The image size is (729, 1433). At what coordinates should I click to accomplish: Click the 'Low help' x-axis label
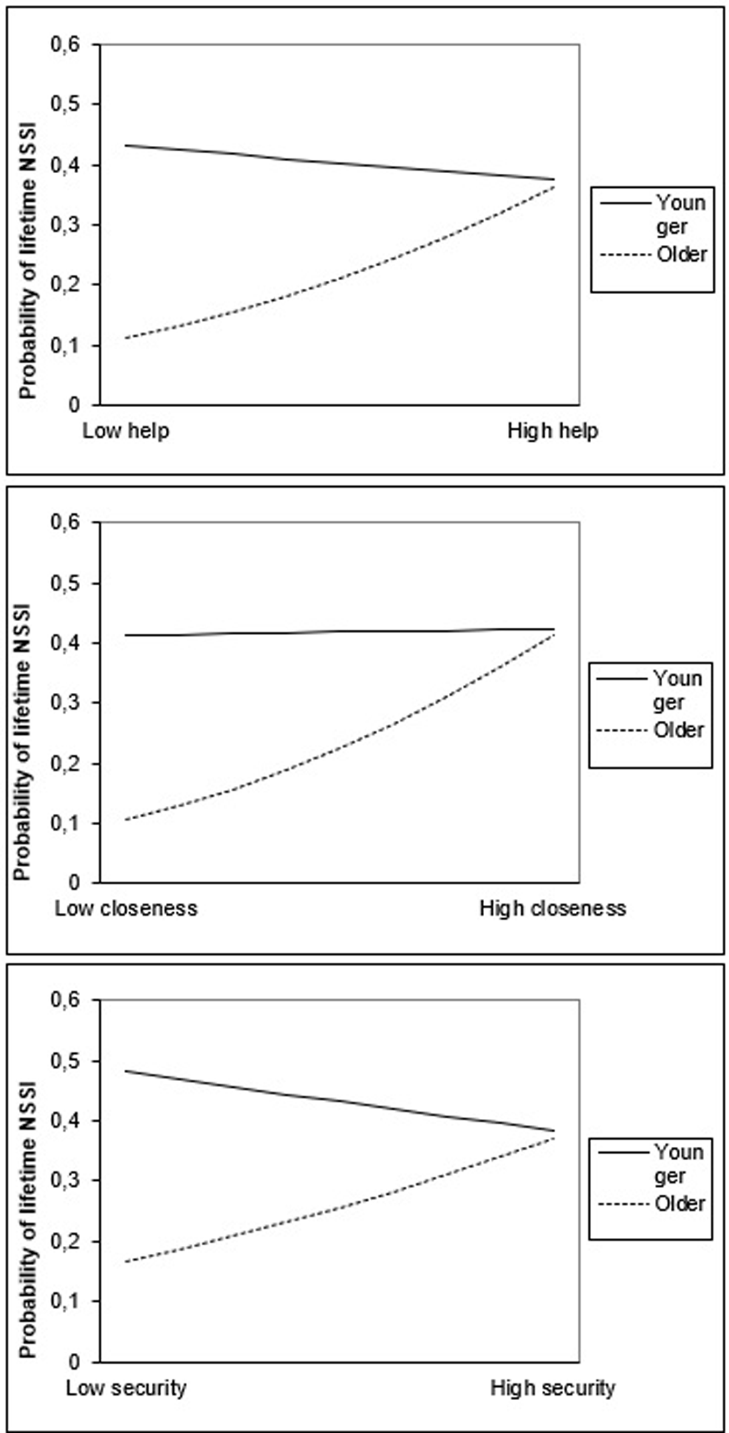coord(126,431)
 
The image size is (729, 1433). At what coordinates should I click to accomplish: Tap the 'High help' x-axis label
coord(553,431)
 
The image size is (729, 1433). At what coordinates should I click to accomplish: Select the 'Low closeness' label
coord(126,909)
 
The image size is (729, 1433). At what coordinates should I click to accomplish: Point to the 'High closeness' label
coord(553,909)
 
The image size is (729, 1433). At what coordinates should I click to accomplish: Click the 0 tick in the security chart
coord(75,1361)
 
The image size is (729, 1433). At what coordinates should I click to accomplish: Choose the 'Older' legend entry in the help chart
coord(682,254)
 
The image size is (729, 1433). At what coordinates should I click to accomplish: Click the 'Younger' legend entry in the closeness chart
coord(677,690)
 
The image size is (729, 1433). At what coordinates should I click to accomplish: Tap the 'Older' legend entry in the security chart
coord(680,1203)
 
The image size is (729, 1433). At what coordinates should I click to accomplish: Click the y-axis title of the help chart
coord(27,261)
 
